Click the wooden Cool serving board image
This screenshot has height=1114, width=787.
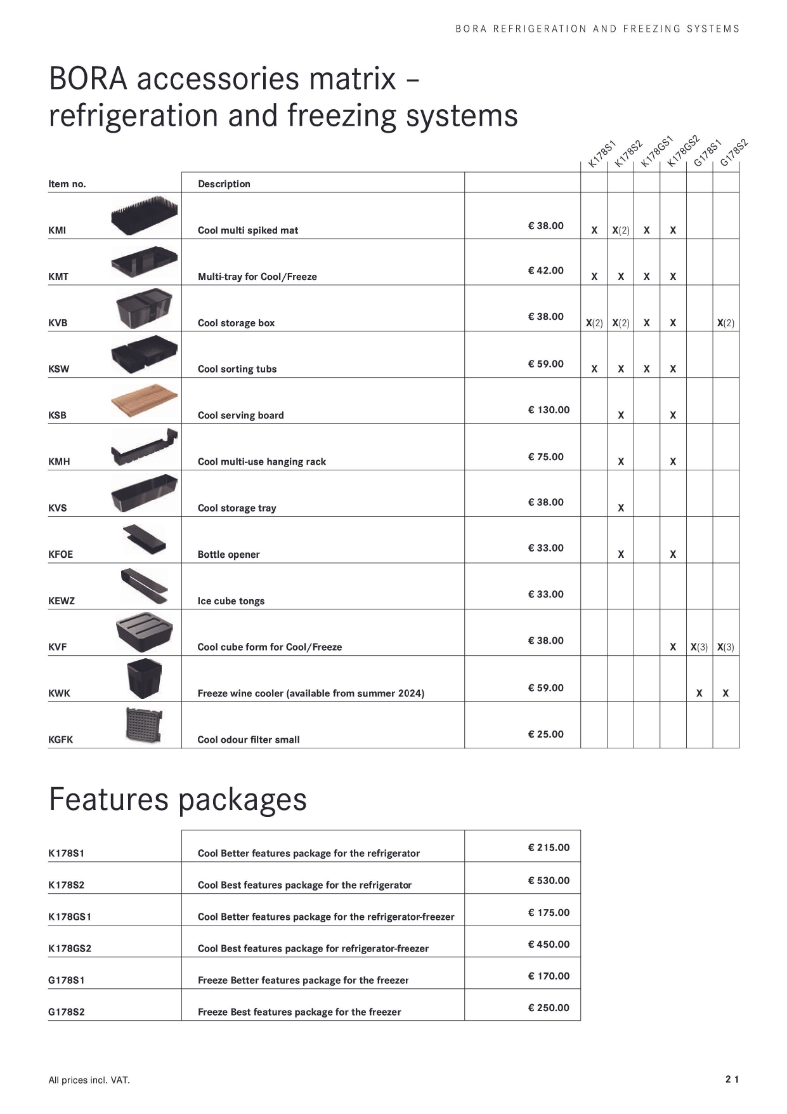pyautogui.click(x=144, y=400)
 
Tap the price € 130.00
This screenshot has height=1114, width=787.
pyautogui.click(x=549, y=410)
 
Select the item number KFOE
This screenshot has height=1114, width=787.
pyautogui.click(x=61, y=555)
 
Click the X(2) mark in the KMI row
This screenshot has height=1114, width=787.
pyautogui.click(x=621, y=230)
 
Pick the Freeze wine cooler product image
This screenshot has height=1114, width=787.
pyautogui.click(x=145, y=679)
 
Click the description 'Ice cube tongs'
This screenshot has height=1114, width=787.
pyautogui.click(x=231, y=601)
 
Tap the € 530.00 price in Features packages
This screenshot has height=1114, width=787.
pyautogui.click(x=549, y=880)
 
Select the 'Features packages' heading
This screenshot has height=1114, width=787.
pyautogui.click(x=178, y=799)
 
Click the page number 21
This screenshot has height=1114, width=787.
pyautogui.click(x=732, y=1079)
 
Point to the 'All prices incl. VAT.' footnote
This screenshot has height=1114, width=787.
pyautogui.click(x=89, y=1080)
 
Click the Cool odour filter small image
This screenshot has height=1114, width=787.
pyautogui.click(x=144, y=724)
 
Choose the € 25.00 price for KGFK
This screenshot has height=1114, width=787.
pyautogui.click(x=545, y=734)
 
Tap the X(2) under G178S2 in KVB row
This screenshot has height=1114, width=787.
pyautogui.click(x=725, y=323)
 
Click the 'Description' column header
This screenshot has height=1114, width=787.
pyautogui.click(x=224, y=184)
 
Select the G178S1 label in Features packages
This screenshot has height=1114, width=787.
pyautogui.click(x=67, y=980)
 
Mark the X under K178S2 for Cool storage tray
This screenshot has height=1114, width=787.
pyautogui.click(x=621, y=508)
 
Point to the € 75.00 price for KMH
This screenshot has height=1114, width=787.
pyautogui.click(x=545, y=457)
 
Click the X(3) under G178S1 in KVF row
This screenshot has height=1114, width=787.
pyautogui.click(x=699, y=647)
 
